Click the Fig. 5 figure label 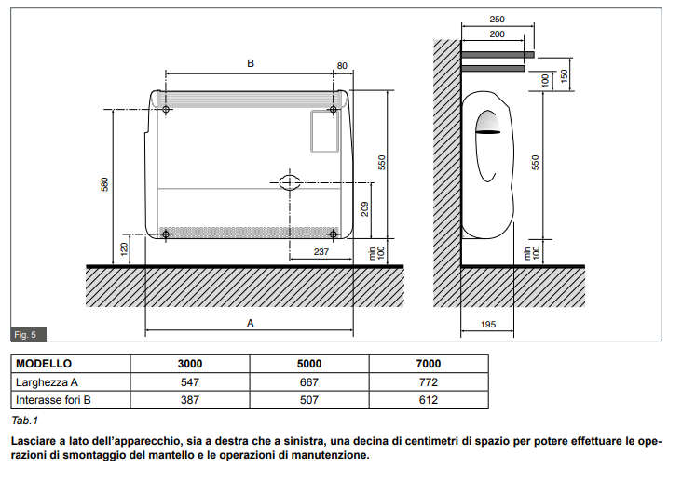click(x=25, y=335)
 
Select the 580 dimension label click(x=105, y=184)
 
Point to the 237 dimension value click(x=321, y=251)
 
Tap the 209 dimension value click(x=365, y=209)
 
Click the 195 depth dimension click(x=488, y=324)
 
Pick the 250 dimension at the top click(x=497, y=20)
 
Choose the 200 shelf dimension click(x=497, y=34)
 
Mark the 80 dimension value click(x=342, y=66)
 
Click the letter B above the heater click(x=251, y=63)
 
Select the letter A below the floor click(x=250, y=323)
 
